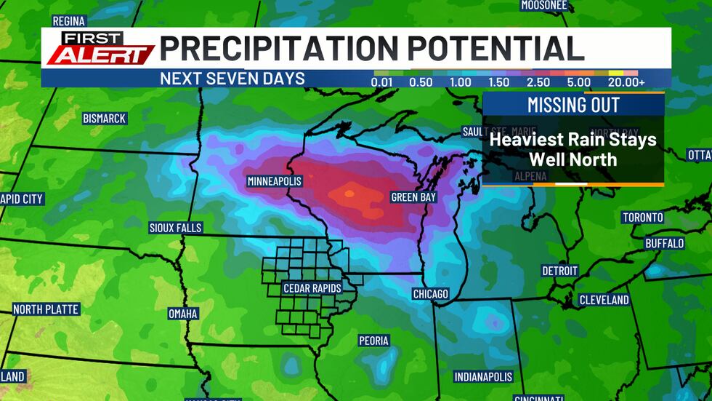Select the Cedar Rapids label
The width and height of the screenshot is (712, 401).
coord(312,288)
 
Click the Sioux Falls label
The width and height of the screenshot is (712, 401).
coord(175,228)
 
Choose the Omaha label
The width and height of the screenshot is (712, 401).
coord(182,314)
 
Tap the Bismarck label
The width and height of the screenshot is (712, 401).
coord(105,118)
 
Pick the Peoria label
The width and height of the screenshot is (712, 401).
coord(373,341)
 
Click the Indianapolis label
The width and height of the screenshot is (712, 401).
coord(483,377)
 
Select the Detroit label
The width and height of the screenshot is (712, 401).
coord(559,271)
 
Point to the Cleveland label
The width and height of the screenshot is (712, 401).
coord(604,300)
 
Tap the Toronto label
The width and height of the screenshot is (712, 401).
coord(642,218)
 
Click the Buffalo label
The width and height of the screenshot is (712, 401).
coord(664,243)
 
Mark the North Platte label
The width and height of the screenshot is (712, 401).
coord(46,309)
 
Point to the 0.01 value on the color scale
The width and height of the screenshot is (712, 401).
coord(383,82)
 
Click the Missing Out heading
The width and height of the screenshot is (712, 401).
coord(573,105)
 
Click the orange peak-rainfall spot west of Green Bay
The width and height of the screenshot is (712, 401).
coord(349,194)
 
